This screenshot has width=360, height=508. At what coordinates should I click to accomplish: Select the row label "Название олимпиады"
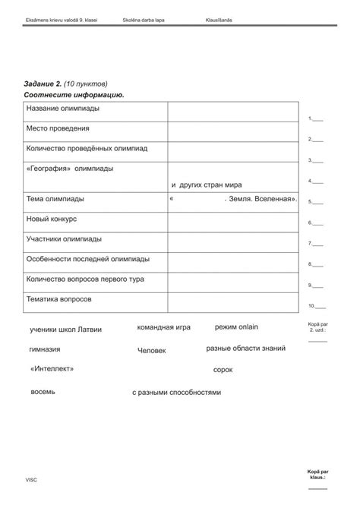[x=59, y=109]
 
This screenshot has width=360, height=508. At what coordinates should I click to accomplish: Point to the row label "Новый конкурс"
[x=52, y=219]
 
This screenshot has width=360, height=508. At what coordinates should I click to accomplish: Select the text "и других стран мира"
[x=207, y=185]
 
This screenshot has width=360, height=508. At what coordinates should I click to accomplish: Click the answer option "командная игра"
[x=164, y=327]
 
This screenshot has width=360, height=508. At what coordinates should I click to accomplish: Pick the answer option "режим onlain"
[x=237, y=327]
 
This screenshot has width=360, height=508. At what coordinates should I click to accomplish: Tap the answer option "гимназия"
[x=45, y=349]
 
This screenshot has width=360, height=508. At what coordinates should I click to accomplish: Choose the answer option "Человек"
[x=152, y=351]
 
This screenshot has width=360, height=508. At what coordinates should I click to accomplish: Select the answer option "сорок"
[x=223, y=370]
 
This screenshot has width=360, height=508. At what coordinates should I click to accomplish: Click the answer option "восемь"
[x=43, y=392]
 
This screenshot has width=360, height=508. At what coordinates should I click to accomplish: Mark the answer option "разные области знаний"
[x=246, y=349]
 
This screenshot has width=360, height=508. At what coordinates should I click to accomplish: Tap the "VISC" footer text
[x=31, y=480]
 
